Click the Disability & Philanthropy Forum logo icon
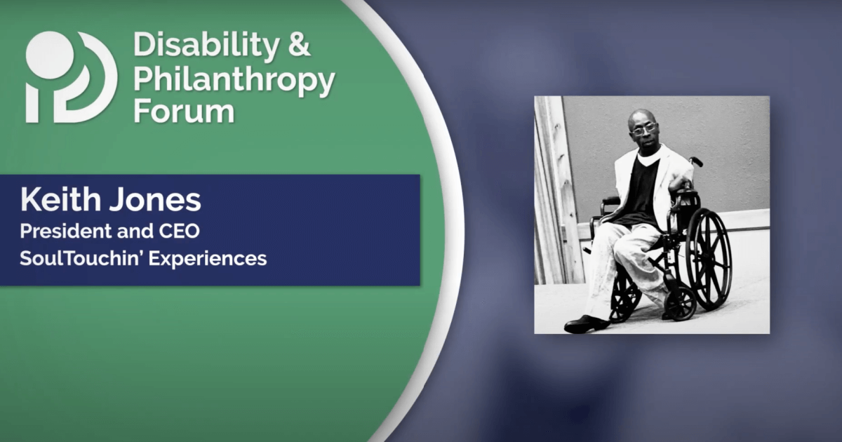pyautogui.click(x=70, y=77)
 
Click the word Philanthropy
pyautogui.click(x=234, y=83)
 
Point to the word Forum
pyautogui.click(x=183, y=112)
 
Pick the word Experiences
pyautogui.click(x=213, y=259)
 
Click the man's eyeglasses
pyautogui.click(x=643, y=129)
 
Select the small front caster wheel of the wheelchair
pyautogui.click(x=680, y=303)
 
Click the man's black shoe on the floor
pyautogui.click(x=587, y=323)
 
